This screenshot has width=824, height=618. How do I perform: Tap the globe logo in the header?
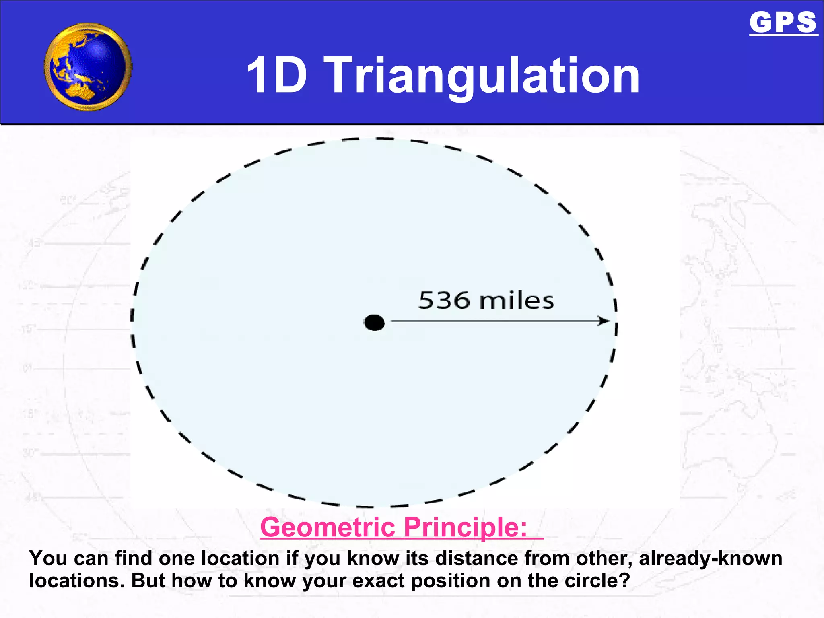[88, 67]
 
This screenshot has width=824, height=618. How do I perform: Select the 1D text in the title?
[277, 75]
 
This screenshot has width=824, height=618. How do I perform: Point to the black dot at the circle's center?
[374, 323]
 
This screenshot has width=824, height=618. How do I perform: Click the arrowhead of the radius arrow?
[604, 321]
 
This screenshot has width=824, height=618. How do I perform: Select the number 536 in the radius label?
[444, 301]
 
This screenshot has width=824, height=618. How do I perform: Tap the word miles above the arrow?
[517, 301]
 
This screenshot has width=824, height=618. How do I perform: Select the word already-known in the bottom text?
[711, 558]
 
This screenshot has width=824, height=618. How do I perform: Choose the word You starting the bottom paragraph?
[48, 558]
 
